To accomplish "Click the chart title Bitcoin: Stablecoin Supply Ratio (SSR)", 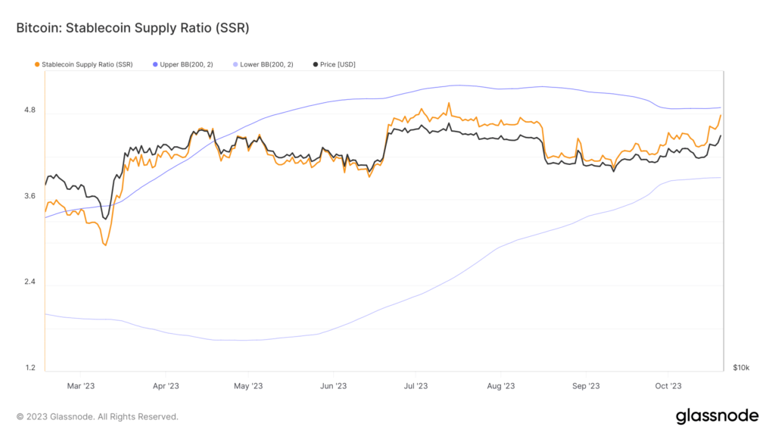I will (x=132, y=28).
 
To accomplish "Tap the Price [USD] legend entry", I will (x=334, y=64).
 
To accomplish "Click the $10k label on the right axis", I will (x=741, y=368).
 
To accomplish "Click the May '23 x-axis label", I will (x=247, y=386).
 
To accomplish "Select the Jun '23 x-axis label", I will (x=333, y=386).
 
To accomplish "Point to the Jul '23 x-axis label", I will (x=416, y=386).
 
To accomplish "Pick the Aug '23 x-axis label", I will (x=501, y=386).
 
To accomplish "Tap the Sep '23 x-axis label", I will (x=586, y=386).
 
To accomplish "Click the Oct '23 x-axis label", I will (x=668, y=386).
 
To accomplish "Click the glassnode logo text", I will (x=716, y=416).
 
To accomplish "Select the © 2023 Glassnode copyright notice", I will (x=97, y=416).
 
